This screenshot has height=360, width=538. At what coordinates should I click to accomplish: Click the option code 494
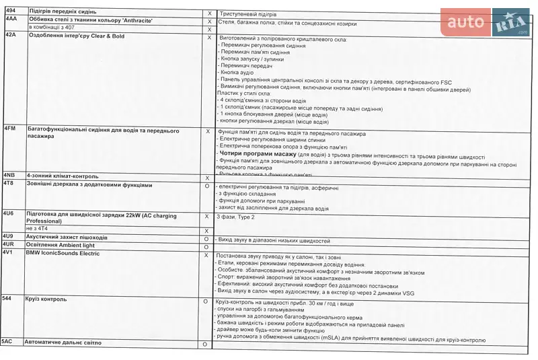(x=11, y=11)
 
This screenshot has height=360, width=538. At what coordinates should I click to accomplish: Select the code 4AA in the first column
(x=11, y=20)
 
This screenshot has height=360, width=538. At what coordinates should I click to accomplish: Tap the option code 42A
(x=11, y=35)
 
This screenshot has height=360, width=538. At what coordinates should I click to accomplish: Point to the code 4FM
(x=10, y=129)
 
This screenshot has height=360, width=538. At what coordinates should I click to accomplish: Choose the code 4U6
(x=9, y=213)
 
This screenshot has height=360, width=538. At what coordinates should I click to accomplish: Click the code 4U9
(x=9, y=237)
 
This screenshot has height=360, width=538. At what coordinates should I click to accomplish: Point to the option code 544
(x=7, y=298)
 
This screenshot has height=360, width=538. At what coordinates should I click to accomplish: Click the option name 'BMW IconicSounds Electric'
(x=63, y=254)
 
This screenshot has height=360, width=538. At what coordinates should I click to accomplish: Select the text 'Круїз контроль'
(x=45, y=298)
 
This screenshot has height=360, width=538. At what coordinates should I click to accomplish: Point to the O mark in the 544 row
(x=205, y=301)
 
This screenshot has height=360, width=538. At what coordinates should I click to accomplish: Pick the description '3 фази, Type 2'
(x=235, y=217)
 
